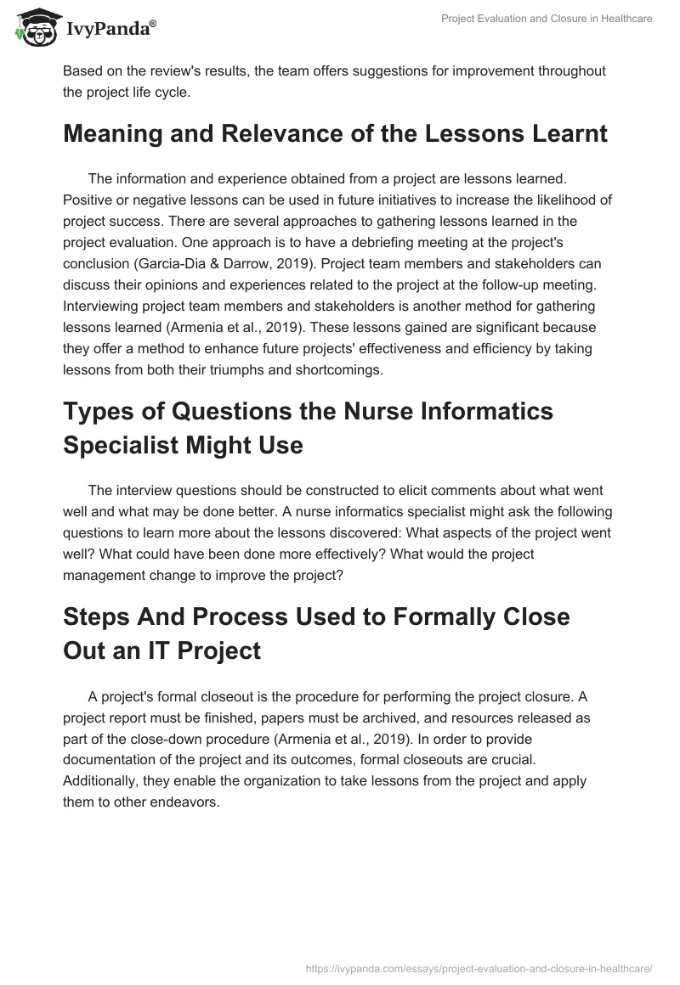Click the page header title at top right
(547, 20)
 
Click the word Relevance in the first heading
(263, 133)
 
